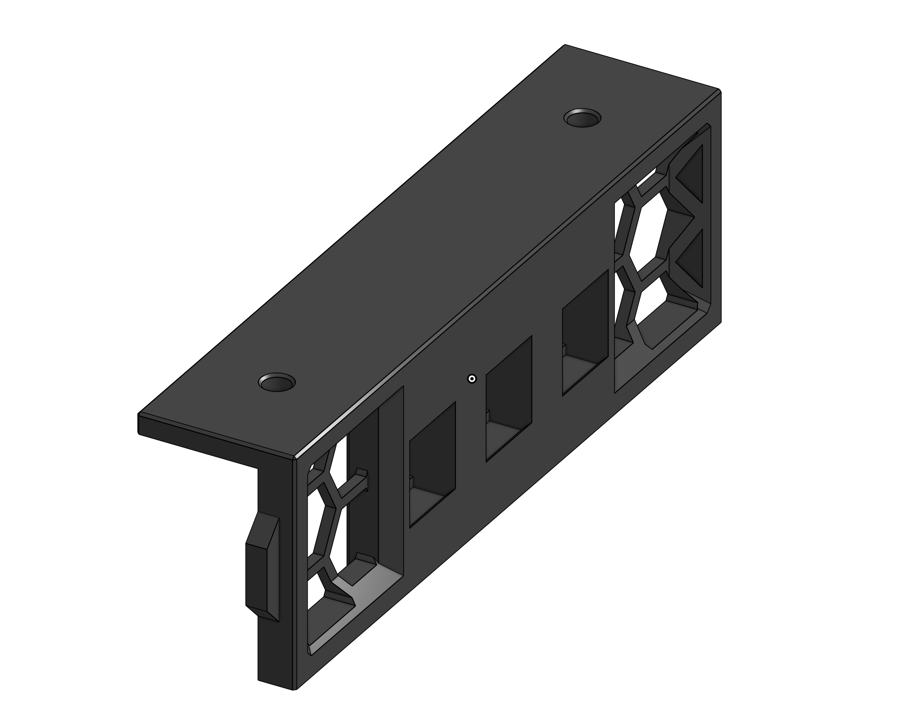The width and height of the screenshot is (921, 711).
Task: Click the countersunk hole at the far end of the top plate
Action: point(582,118)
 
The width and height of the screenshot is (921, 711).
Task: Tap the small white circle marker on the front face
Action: point(472,379)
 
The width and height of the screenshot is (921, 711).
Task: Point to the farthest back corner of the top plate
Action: point(565,46)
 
